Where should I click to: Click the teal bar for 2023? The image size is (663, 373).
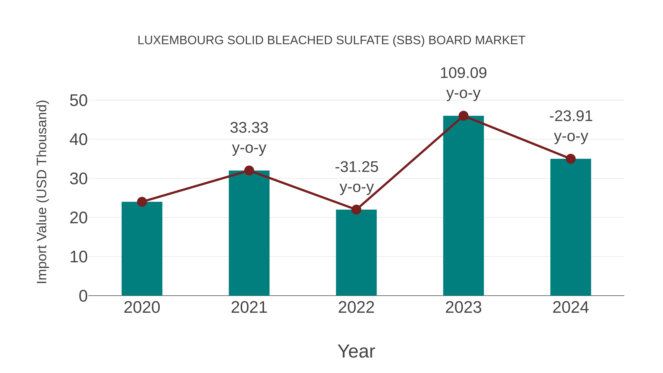463,206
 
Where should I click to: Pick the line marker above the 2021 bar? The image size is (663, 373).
249,170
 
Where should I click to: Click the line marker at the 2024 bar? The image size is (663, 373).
571,159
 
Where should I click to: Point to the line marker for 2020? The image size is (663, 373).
142,202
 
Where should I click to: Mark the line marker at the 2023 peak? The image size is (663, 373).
463,116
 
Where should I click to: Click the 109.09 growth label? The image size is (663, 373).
463,73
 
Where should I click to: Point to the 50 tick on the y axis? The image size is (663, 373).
78,100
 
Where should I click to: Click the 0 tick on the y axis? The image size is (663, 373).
83,296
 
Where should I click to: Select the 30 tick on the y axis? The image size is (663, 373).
78,179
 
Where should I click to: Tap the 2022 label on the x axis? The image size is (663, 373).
356,307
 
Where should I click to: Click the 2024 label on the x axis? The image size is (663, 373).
571,307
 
